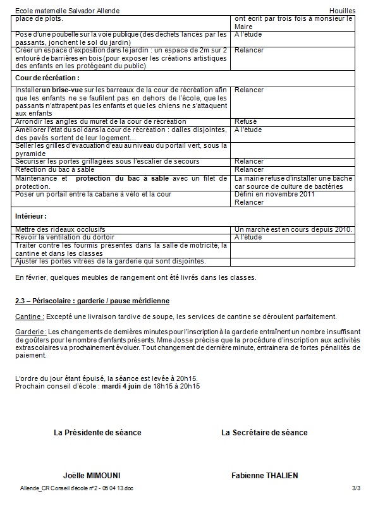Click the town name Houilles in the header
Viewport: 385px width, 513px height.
click(343, 11)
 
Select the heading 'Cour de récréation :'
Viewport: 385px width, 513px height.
click(47, 78)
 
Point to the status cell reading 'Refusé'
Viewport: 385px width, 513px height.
click(246, 121)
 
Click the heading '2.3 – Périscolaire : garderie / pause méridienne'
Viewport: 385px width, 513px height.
click(92, 299)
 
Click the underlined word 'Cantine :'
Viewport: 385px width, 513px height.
click(29, 317)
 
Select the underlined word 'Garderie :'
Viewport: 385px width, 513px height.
click(31, 332)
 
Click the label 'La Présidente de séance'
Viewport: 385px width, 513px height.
click(98, 433)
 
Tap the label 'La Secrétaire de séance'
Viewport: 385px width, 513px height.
click(264, 433)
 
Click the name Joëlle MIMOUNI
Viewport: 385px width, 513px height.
click(92, 475)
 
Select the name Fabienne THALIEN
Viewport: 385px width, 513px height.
click(265, 475)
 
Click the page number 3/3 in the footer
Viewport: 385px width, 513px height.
click(356, 488)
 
